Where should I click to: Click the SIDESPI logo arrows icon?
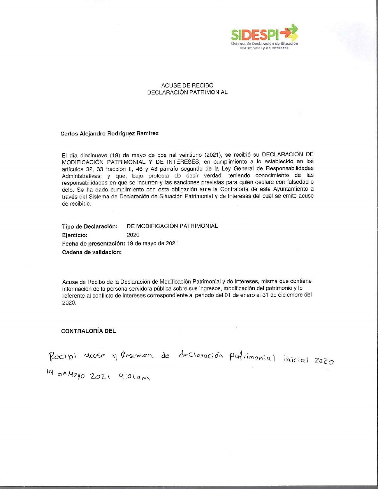pyautogui.click(x=289, y=32)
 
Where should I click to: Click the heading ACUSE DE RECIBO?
pyautogui.click(x=187, y=85)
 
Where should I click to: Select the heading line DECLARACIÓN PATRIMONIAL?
pyautogui.click(x=187, y=92)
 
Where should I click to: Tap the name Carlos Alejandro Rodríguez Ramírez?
pyautogui.click(x=109, y=133)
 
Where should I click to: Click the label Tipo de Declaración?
pyautogui.click(x=90, y=226)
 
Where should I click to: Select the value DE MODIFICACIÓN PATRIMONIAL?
pyautogui.click(x=172, y=226)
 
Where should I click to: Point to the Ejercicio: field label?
pyautogui.click(x=75, y=235)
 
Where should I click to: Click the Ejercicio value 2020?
pyautogui.click(x=133, y=235)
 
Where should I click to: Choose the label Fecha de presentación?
pyautogui.click(x=93, y=243)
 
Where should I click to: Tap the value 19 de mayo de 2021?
pyautogui.click(x=153, y=243)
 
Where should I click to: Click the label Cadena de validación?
pyautogui.click(x=92, y=252)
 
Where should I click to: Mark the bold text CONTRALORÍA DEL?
pyautogui.click(x=88, y=331)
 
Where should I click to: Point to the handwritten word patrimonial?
pyautogui.click(x=252, y=357)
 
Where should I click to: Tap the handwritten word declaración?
pyautogui.click(x=201, y=355)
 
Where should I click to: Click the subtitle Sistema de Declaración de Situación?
pyautogui.click(x=264, y=44)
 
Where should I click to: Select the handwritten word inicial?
pyautogui.click(x=296, y=359)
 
